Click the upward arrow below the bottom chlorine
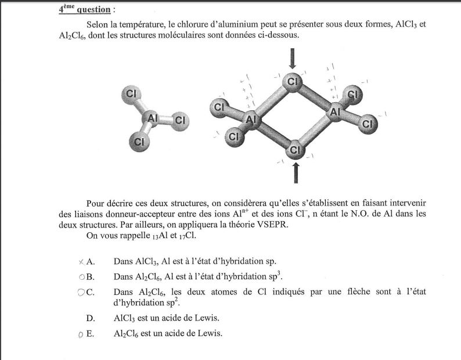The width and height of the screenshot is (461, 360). tap(297, 172)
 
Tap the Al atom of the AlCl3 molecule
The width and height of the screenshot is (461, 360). tap(153, 118)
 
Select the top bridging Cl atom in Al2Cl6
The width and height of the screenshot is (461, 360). tap(293, 82)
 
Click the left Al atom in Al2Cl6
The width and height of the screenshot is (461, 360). tap(251, 120)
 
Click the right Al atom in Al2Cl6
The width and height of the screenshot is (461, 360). tap(335, 113)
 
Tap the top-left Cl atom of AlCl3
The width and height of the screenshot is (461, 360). tap(131, 93)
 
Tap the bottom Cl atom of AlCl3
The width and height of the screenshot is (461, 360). tap(138, 141)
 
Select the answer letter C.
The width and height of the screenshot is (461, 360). tap(90, 292)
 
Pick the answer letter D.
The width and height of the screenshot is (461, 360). tap(91, 318)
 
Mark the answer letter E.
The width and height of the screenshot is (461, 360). tap(91, 333)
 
